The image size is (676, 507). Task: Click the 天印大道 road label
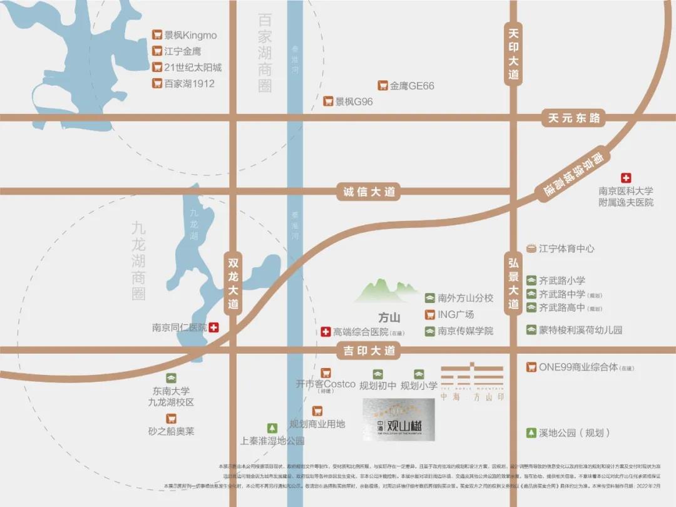513,53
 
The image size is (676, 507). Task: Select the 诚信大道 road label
369,192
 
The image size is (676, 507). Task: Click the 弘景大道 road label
513,281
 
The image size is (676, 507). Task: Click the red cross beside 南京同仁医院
214,327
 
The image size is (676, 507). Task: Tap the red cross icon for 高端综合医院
325,332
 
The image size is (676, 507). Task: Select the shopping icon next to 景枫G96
328,101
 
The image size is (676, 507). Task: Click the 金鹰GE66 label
412,86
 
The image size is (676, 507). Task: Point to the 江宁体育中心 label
566,248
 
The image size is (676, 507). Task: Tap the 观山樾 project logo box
399,420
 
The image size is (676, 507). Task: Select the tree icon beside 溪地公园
531,433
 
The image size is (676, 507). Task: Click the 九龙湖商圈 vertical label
138,260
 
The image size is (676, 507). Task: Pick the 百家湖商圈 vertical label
265,53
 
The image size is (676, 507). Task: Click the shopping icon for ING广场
430,315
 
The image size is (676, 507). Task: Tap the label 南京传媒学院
465,331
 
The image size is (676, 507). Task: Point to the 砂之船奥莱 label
172,431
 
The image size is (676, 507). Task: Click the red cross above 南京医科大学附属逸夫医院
625,178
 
